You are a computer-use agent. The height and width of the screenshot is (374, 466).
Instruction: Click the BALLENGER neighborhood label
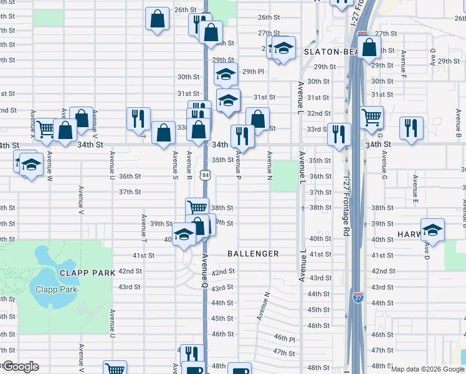(253, 254)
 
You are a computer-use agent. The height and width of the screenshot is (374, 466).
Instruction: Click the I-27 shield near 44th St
(358, 297)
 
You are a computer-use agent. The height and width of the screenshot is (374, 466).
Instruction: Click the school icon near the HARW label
(432, 230)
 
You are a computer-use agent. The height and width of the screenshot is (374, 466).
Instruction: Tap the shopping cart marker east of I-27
(371, 116)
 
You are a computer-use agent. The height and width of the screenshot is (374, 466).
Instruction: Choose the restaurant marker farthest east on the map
(411, 127)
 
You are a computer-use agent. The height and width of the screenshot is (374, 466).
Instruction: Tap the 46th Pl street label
(284, 338)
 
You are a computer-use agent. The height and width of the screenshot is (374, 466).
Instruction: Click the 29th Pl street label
(253, 72)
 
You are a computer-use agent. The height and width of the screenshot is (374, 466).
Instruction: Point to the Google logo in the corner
(20, 367)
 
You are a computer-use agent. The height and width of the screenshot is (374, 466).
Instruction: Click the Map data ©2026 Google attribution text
(427, 369)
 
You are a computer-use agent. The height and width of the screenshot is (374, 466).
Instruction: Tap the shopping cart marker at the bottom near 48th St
(115, 369)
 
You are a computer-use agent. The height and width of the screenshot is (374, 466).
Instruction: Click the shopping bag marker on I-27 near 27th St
(369, 46)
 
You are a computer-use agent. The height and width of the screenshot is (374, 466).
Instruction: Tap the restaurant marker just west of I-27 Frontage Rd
(339, 134)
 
